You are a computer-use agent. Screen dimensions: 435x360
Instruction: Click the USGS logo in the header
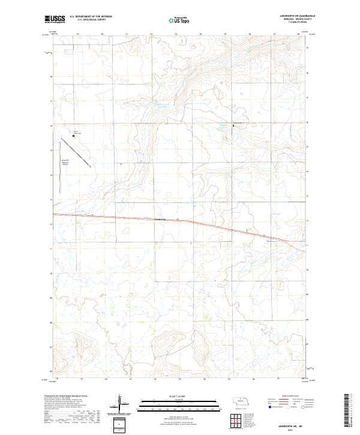point(53,19)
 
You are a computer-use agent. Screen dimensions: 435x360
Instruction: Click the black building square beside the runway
point(74,136)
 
